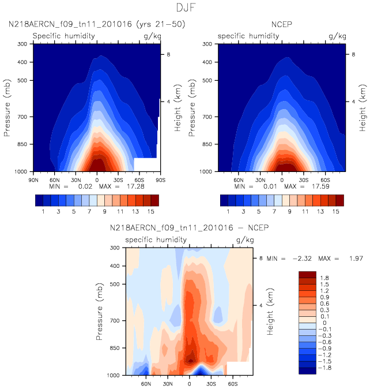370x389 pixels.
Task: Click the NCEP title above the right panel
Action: (x=282, y=25)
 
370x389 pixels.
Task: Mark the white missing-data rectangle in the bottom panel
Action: (x=238, y=368)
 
